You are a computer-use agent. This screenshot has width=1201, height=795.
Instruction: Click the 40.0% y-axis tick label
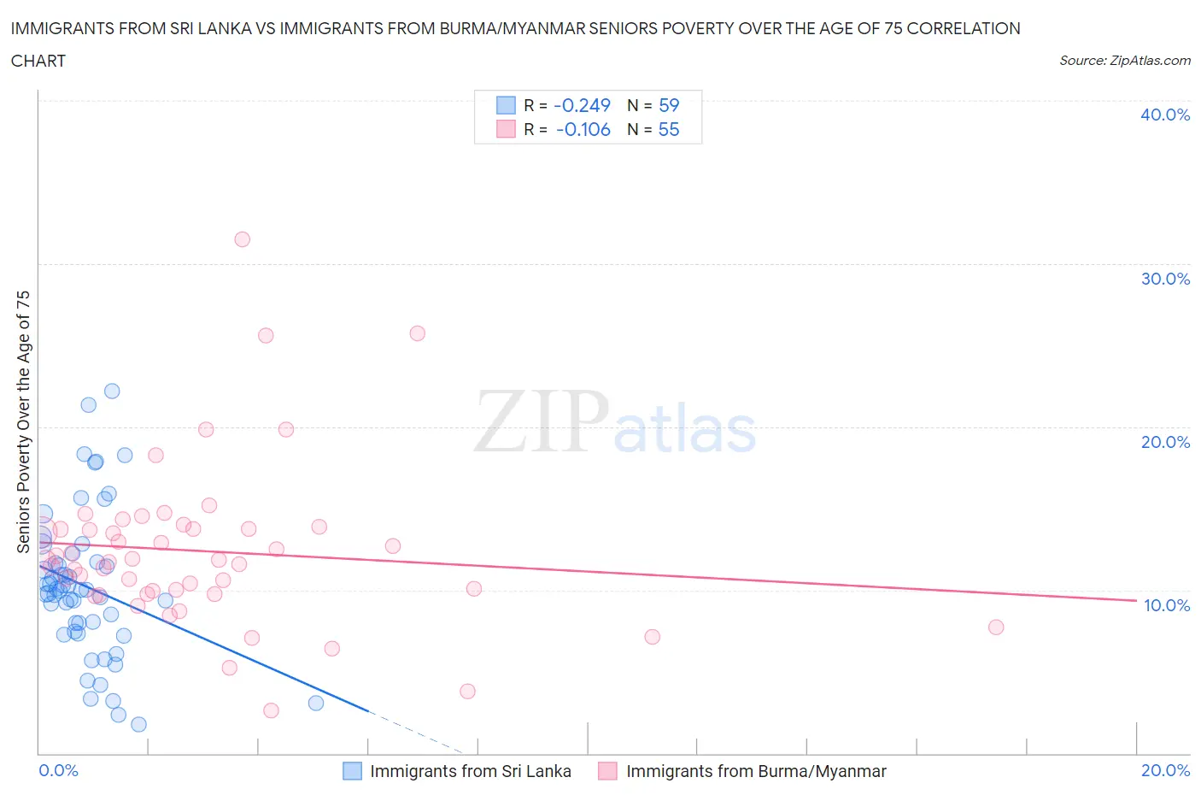[x=1165, y=115]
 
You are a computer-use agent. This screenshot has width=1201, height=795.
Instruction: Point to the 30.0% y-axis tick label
[x=1165, y=279]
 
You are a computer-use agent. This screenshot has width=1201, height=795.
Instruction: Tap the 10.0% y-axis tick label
[x=1167, y=605]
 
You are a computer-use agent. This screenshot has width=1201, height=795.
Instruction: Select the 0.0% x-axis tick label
[x=58, y=770]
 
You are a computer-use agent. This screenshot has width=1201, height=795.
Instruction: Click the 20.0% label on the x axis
[x=1165, y=770]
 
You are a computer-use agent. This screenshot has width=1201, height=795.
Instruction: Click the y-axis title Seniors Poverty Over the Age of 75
[x=23, y=421]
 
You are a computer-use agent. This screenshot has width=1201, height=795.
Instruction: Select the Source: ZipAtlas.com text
[x=1124, y=61]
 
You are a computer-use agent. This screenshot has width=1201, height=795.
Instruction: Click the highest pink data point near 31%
[x=243, y=239]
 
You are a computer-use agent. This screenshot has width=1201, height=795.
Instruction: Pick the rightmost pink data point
[x=996, y=627]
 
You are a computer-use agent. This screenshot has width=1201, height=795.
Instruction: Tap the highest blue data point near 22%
[x=112, y=392]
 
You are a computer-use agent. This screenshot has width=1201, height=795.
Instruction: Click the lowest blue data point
[x=138, y=725]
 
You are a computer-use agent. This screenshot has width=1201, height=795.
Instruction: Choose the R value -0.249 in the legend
[x=582, y=105]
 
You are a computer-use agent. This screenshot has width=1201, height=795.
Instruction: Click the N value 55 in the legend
[x=668, y=129]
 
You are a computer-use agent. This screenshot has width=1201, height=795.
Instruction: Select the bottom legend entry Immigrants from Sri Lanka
[x=470, y=771]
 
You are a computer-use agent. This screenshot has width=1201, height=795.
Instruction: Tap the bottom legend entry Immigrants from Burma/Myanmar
[x=756, y=771]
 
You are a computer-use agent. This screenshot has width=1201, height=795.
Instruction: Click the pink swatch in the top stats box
[x=507, y=129]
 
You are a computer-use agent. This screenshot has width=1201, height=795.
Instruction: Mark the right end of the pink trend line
[x=1136, y=601]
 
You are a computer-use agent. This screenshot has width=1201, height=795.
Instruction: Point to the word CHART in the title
[x=38, y=61]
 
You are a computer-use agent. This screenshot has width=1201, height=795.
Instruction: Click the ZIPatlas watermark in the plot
[x=615, y=423]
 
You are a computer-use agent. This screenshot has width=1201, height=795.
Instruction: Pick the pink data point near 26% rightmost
[x=418, y=333]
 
